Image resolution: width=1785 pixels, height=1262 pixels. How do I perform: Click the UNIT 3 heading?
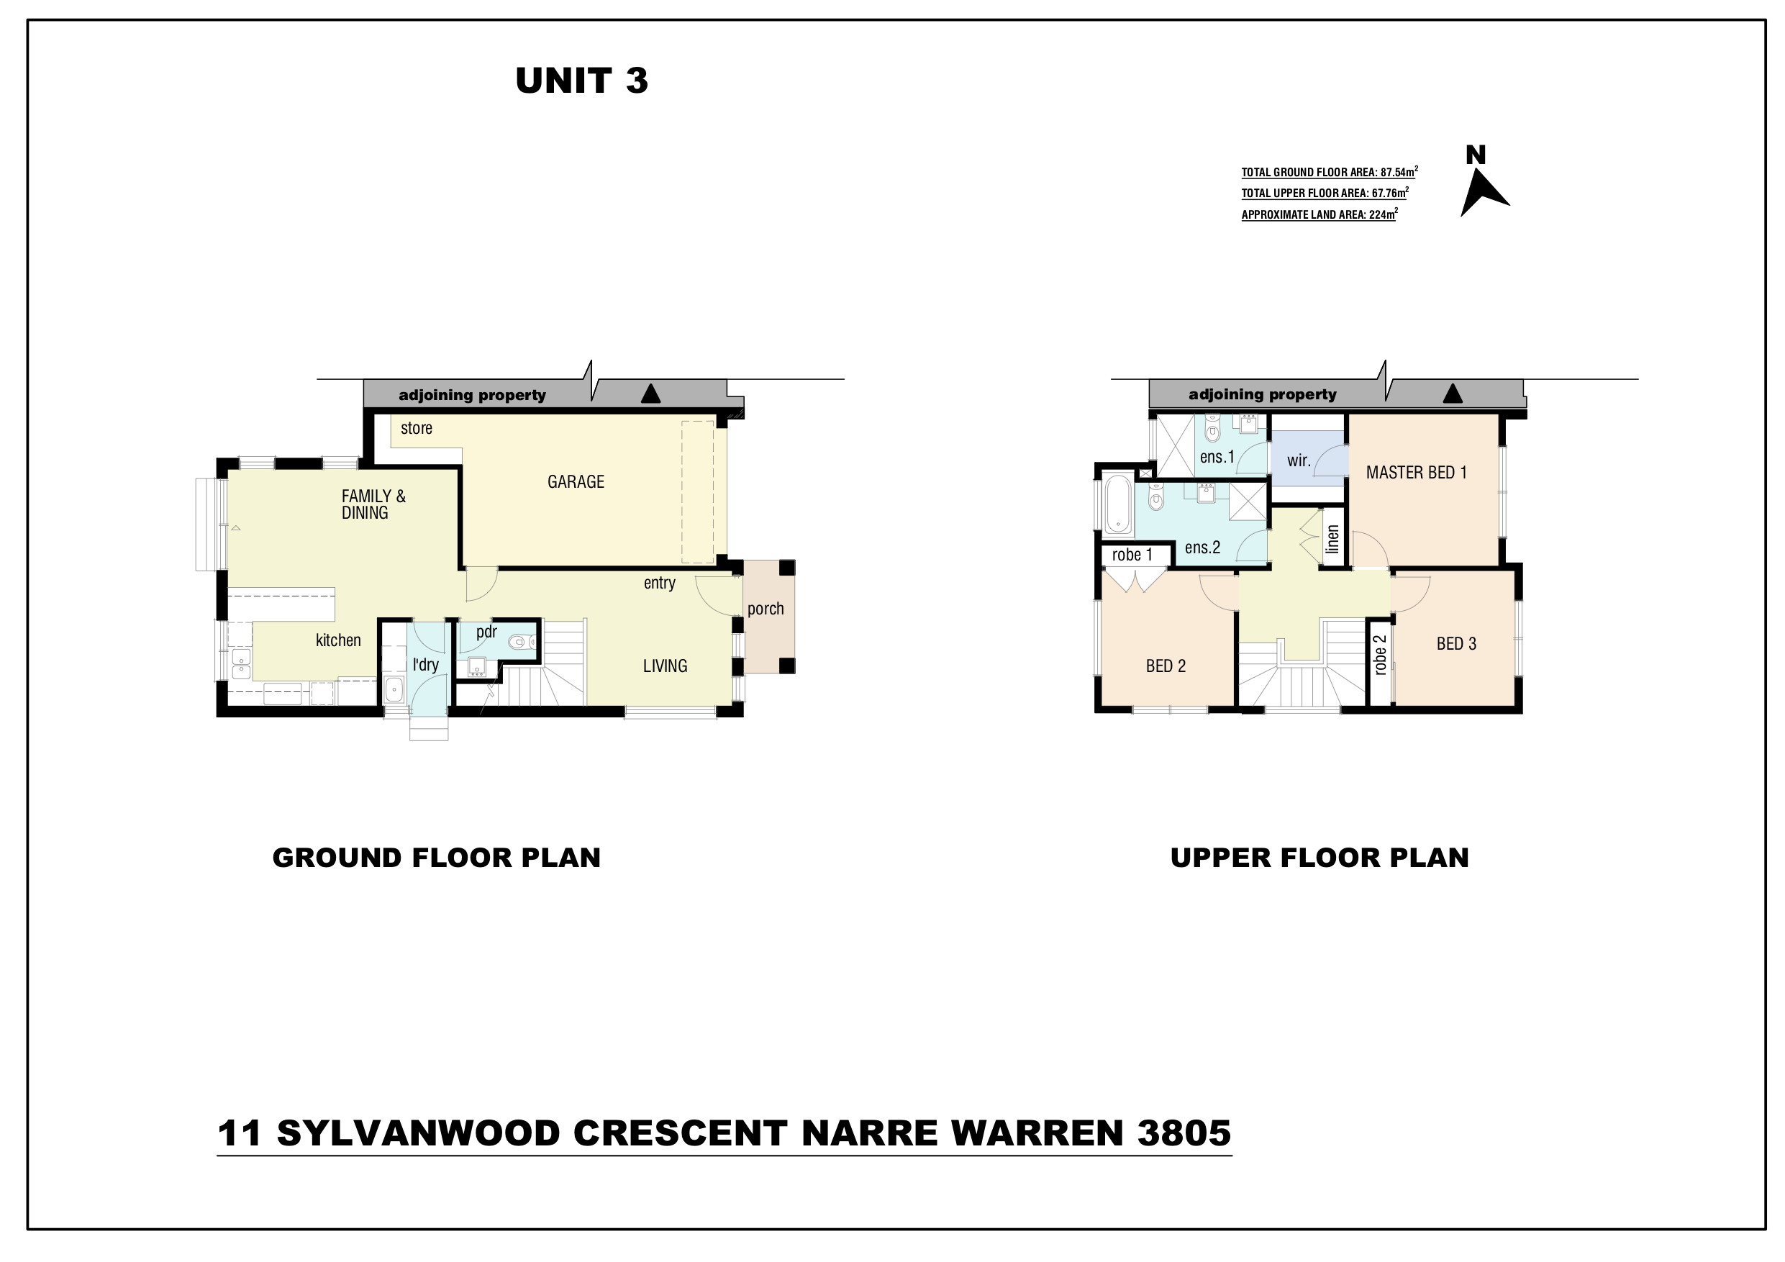[581, 81]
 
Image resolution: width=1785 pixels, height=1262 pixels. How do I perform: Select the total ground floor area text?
[1330, 172]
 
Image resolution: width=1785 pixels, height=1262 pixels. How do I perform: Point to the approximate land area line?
[1320, 214]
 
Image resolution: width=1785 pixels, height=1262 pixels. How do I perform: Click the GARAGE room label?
[576, 482]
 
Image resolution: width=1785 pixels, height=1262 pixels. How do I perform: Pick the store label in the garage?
[417, 428]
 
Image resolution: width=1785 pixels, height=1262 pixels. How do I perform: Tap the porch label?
[766, 609]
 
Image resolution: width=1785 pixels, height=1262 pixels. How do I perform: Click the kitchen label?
[338, 640]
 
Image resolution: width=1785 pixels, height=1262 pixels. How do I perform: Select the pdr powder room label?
[486, 632]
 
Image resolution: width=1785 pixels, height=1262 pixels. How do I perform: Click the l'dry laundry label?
[426, 665]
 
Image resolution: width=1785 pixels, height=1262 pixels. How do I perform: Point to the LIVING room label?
[665, 666]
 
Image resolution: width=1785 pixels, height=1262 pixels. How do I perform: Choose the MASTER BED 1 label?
[1417, 473]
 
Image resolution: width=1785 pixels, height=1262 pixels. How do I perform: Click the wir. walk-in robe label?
[1299, 460]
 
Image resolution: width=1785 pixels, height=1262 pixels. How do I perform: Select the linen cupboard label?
[1332, 540]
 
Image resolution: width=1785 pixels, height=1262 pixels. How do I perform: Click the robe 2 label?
[1380, 655]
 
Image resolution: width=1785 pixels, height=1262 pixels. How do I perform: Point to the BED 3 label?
[1456, 644]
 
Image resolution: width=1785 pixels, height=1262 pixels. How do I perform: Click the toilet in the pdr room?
[521, 643]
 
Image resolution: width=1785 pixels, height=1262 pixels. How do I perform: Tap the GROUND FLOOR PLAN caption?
[436, 858]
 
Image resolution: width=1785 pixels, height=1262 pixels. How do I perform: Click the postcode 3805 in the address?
[1185, 1133]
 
